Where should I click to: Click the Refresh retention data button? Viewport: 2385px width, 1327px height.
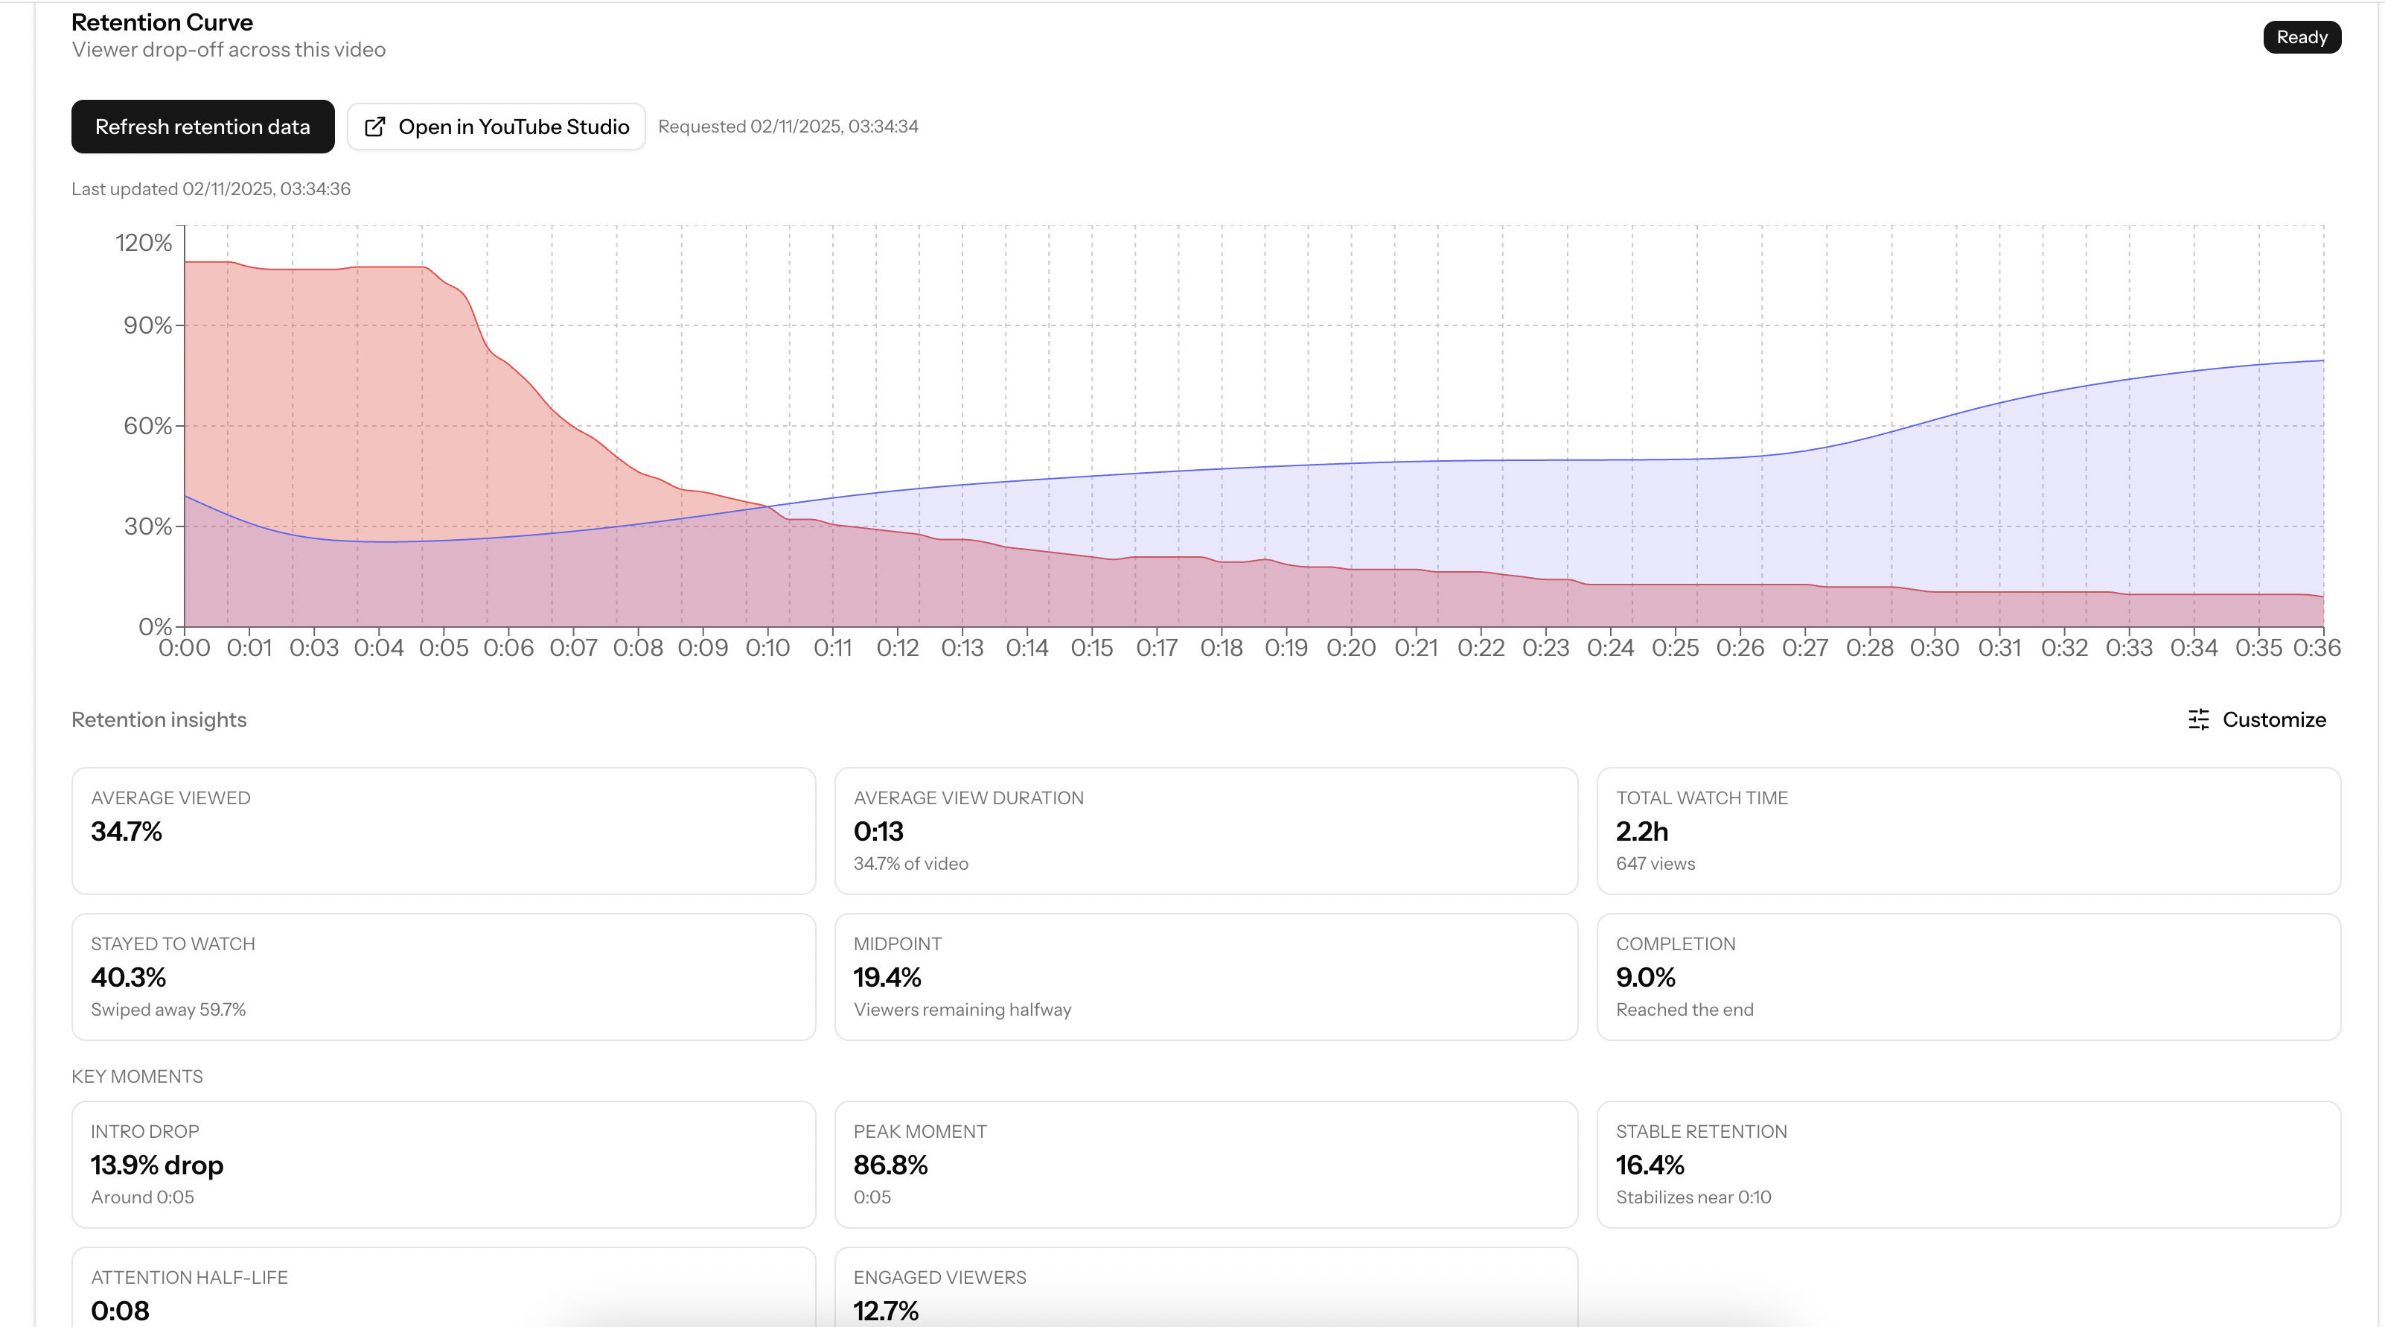202,127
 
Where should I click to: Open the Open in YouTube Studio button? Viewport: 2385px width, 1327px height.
497,127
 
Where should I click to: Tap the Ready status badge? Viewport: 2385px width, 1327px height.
2301,37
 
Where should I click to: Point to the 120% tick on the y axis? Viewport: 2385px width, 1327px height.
144,243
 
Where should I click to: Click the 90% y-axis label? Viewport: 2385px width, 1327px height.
147,325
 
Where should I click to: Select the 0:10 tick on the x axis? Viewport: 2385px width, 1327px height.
767,648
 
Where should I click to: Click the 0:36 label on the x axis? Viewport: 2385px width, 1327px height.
2317,648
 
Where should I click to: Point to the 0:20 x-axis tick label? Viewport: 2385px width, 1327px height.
1351,648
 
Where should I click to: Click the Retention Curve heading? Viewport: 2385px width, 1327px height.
162,22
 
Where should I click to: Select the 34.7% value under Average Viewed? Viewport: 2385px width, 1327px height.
126,832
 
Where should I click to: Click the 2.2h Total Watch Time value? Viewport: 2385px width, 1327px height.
1641,832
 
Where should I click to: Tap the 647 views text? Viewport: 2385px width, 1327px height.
1656,864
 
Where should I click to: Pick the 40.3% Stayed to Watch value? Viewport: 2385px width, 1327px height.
128,978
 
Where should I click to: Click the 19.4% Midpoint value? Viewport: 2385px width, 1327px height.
887,978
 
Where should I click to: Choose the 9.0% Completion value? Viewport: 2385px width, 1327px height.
1645,978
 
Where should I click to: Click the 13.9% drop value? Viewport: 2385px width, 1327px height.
156,1165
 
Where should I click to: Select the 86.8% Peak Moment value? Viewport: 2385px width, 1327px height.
890,1165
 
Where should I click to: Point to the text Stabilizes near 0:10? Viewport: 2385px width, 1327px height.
1693,1197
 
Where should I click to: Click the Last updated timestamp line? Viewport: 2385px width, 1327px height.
211,189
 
